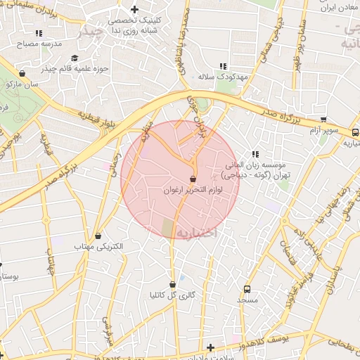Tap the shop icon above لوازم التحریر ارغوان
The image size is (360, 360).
tap(193, 179)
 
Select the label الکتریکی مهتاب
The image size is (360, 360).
tap(98, 247)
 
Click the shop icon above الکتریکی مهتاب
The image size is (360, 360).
tap(98, 236)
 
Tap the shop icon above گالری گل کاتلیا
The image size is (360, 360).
tap(172, 284)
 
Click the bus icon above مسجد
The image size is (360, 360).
tap(247, 289)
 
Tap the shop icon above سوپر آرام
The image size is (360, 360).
tap(323, 120)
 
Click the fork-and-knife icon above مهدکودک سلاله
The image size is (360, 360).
tap(224, 66)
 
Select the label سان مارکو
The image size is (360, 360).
tap(21, 84)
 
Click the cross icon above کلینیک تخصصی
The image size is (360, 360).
tap(134, 9)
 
